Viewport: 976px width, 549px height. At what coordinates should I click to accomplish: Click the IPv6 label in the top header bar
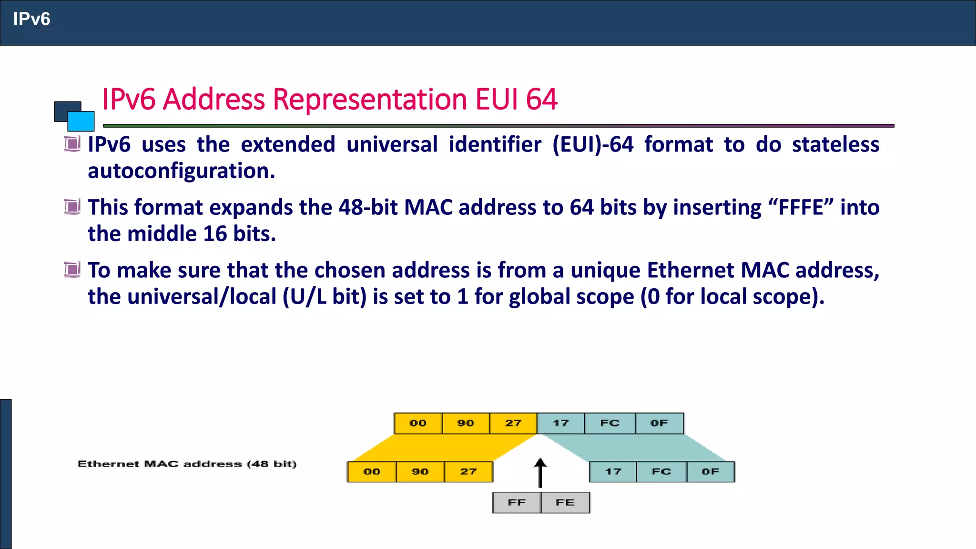[x=31, y=19]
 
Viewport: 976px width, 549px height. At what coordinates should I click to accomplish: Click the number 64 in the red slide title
[x=541, y=100]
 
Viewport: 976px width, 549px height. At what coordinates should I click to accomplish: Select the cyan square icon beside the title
[x=81, y=121]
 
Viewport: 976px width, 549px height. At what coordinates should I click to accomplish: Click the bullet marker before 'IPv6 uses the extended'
[x=72, y=143]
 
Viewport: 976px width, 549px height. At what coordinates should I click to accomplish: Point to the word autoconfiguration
[x=181, y=171]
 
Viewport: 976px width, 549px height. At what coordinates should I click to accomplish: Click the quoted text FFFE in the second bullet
[x=801, y=208]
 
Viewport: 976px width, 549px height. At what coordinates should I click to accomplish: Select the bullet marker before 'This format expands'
[x=72, y=207]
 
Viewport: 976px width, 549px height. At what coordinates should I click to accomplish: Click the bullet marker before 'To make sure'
[x=72, y=270]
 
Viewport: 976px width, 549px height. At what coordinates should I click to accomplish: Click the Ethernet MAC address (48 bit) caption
[x=187, y=464]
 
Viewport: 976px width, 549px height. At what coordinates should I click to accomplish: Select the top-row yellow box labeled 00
[x=418, y=423]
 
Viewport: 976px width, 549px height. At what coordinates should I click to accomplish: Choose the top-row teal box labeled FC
[x=610, y=423]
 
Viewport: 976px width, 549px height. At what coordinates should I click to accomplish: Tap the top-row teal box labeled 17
[x=560, y=423]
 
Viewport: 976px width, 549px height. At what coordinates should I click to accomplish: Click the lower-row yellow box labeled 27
[x=468, y=472]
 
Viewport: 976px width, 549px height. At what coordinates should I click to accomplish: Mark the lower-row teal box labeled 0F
[x=710, y=472]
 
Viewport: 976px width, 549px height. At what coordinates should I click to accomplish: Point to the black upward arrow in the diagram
[x=540, y=473]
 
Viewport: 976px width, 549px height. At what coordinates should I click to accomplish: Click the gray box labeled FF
[x=517, y=503]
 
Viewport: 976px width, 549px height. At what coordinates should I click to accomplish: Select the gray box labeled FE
[x=565, y=503]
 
